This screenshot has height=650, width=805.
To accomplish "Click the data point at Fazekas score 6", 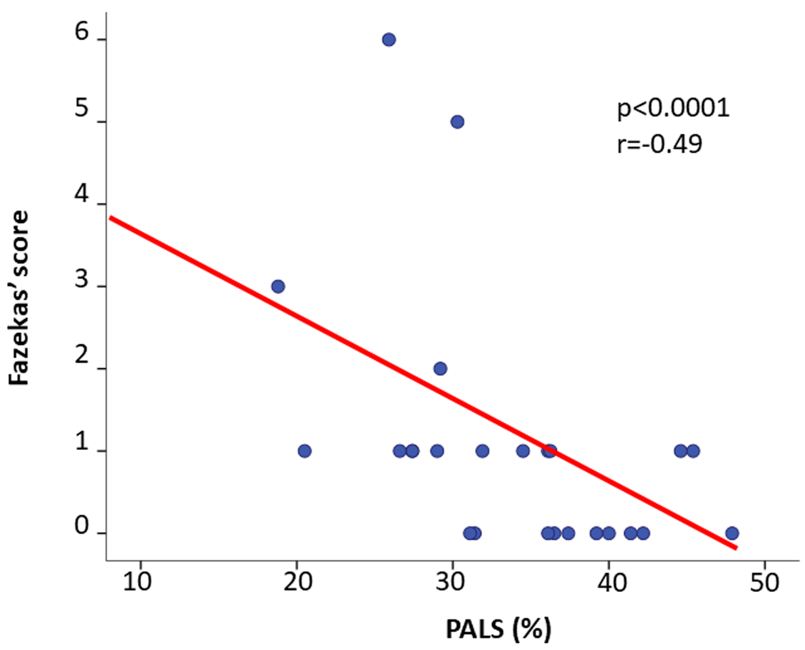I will click(x=388, y=40).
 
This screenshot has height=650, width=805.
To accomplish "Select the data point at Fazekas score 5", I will click(x=457, y=122).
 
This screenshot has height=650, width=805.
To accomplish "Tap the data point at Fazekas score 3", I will click(x=278, y=287).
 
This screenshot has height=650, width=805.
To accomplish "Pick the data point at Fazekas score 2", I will click(x=440, y=369).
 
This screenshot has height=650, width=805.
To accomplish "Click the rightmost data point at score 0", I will click(x=732, y=534).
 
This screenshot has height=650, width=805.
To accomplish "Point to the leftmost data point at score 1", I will click(x=305, y=451).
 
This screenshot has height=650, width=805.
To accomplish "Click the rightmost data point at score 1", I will click(x=693, y=451).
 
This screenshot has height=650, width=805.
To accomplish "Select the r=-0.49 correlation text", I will click(x=660, y=144).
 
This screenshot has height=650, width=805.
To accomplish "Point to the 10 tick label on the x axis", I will click(x=137, y=582).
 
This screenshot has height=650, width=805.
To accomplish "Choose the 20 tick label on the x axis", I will click(x=297, y=582).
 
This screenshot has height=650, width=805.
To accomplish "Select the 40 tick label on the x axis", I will click(x=612, y=582).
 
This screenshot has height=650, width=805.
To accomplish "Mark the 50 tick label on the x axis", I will click(x=764, y=582).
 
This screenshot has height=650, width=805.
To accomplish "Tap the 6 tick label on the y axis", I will click(x=81, y=31).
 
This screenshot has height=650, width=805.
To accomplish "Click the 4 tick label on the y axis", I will click(x=81, y=195).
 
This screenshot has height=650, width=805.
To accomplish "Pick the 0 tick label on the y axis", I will click(x=81, y=525).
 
